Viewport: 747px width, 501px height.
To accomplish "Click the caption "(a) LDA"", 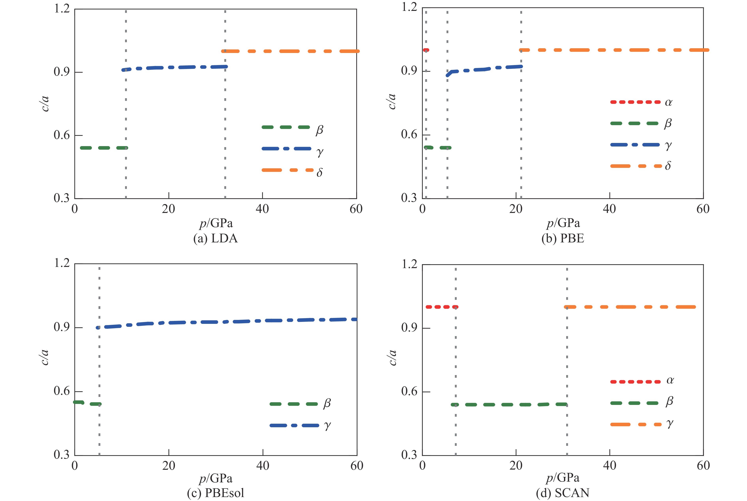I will tap(216, 239).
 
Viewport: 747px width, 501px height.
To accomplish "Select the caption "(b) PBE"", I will tap(563, 239).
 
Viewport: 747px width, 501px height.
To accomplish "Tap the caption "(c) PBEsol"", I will tap(216, 493).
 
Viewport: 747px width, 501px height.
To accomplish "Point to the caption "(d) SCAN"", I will tap(563, 493).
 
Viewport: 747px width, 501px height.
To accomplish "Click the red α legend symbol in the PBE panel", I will tap(635, 102).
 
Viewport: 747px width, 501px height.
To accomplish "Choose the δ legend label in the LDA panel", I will tap(319, 173).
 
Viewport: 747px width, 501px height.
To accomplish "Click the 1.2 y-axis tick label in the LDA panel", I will tap(62, 9).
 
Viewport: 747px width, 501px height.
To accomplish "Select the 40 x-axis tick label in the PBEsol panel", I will tap(262, 466).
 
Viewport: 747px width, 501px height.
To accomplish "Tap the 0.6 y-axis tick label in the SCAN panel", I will tap(409, 391).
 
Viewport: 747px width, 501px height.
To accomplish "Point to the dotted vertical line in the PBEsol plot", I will tap(99, 367).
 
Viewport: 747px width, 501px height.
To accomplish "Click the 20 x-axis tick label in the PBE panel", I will tap(516, 209).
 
